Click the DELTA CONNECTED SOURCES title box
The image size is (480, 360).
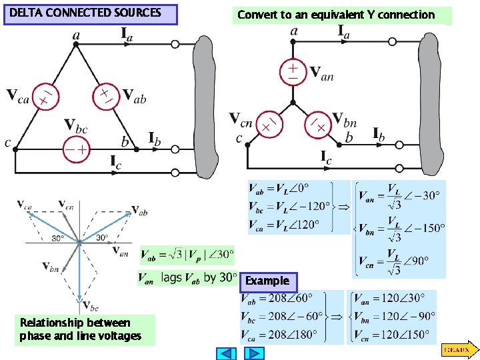tap(90, 14)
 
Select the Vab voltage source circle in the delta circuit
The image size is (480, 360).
tap(105, 95)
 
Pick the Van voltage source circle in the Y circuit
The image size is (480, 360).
tap(293, 71)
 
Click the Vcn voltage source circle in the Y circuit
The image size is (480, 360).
tap(267, 124)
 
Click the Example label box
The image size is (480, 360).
tap(267, 281)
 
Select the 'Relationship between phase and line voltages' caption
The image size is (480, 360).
tap(81, 330)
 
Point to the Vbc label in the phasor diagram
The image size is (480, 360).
tap(91, 305)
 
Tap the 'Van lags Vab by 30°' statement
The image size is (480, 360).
tap(187, 277)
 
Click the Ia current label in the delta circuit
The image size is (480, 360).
tap(126, 34)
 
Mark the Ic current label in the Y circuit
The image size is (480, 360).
tap(326, 158)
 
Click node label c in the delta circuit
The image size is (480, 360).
tap(7, 143)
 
